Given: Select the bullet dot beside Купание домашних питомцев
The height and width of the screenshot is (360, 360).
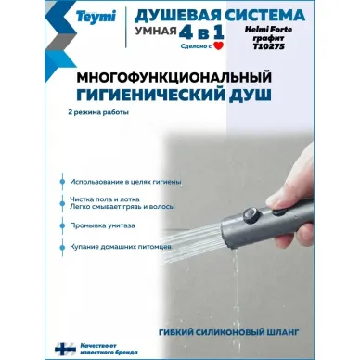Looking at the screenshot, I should (64, 246).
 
